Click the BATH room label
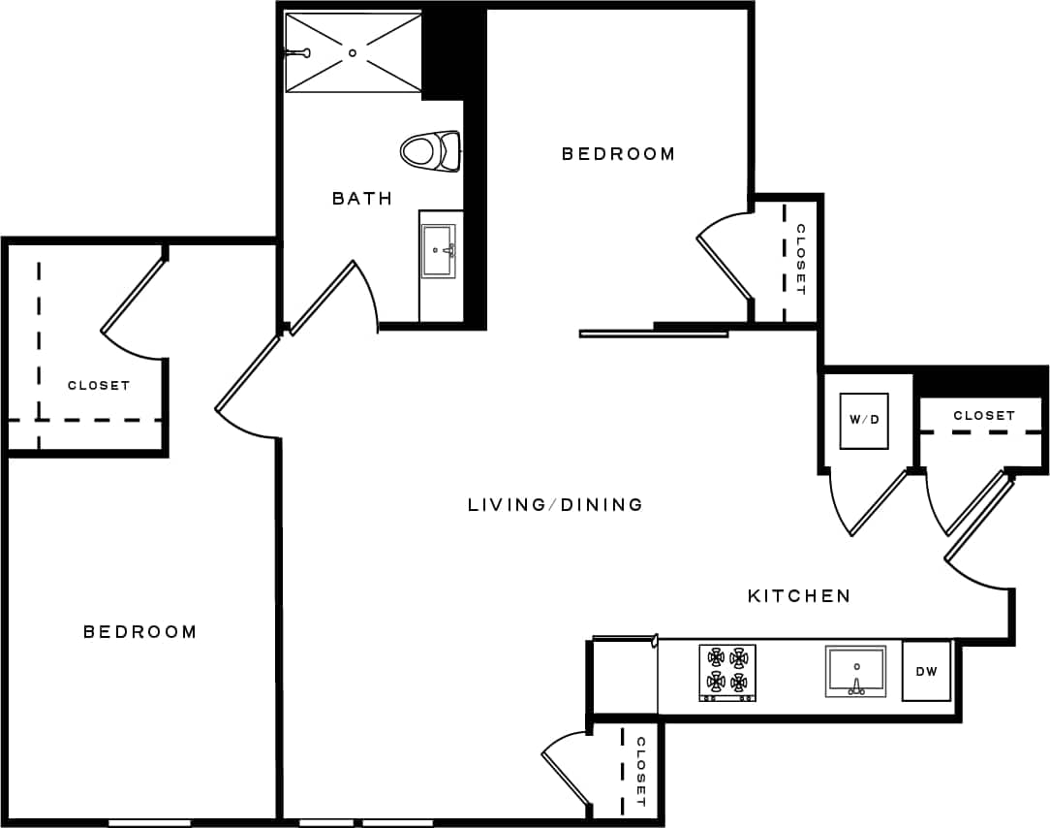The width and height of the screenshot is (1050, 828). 362,199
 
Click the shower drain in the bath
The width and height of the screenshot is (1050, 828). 353,52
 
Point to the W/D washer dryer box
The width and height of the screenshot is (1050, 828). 864,421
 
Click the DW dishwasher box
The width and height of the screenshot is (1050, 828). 927,670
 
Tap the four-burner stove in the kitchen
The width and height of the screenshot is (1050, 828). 727,671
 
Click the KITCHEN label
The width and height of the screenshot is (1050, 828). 799,596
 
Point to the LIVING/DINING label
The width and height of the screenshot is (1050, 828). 555,504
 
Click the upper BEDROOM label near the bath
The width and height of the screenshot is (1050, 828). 618,153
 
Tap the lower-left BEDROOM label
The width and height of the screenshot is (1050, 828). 140,632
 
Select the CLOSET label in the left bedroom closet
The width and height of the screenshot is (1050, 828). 99,386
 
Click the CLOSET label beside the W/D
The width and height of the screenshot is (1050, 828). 984,415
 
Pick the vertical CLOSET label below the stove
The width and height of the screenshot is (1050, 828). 640,772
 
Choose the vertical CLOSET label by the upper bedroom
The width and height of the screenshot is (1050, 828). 801,259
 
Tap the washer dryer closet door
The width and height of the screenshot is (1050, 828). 877,502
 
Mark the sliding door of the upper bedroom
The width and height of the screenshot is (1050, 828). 653,334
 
